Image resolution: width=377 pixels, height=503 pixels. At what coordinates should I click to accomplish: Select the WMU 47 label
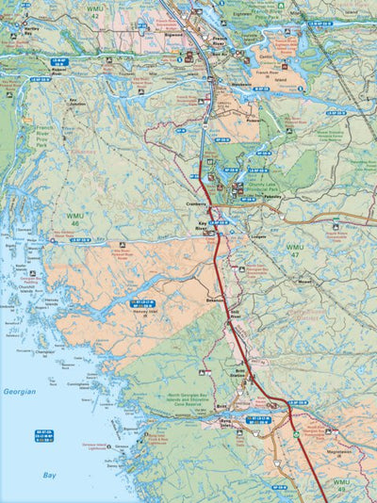click(x=294, y=251)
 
